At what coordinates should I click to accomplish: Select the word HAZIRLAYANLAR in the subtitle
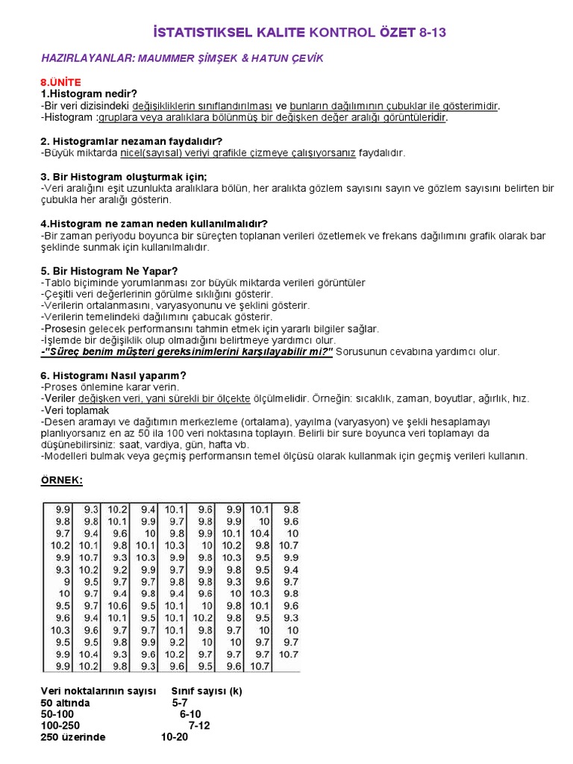point(86,58)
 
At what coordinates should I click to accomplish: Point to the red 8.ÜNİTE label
point(61,81)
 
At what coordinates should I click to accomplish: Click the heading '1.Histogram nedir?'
point(89,93)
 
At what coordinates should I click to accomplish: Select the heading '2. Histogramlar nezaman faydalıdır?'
point(131,141)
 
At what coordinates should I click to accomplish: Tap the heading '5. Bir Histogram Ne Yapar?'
point(110,271)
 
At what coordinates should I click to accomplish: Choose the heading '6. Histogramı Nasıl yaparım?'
point(113,375)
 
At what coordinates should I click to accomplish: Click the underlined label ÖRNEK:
point(62,480)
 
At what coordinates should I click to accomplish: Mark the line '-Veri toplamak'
point(75,410)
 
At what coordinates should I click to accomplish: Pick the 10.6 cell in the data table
point(118,606)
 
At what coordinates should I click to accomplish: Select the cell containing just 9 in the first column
point(66,582)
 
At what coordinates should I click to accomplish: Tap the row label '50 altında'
point(66,703)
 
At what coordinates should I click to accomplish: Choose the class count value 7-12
point(199,725)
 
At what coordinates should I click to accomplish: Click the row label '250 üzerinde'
point(73,737)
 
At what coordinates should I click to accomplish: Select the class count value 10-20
point(175,737)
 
